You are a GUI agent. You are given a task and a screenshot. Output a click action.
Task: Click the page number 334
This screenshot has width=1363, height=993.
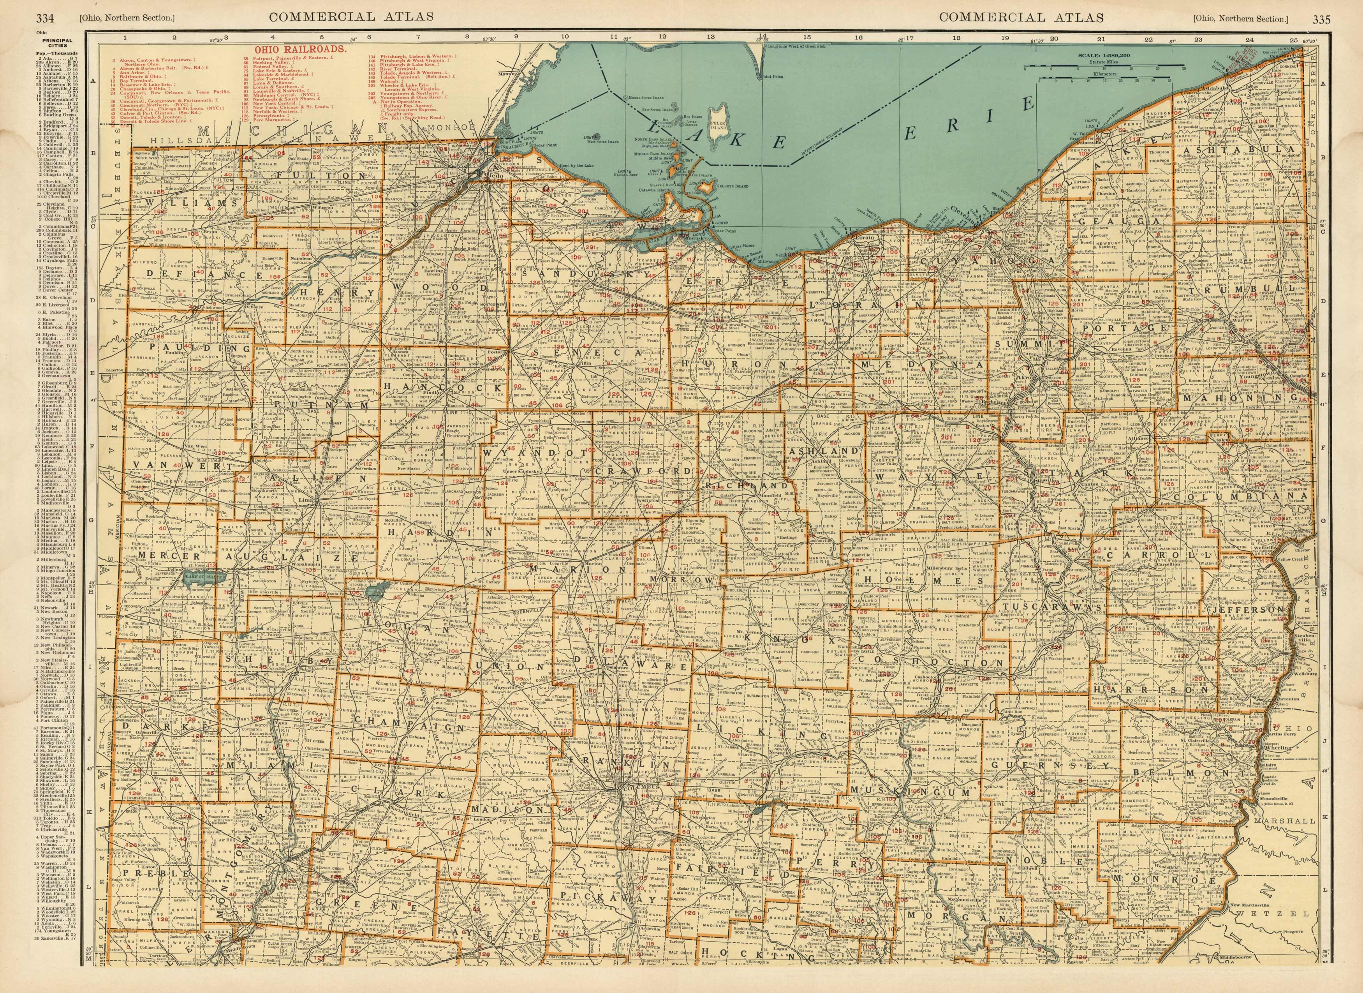click(45, 18)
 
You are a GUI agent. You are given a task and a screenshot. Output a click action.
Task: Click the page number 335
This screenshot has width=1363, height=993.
click(1321, 19)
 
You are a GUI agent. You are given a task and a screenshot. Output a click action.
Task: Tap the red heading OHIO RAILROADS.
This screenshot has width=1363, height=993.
click(300, 49)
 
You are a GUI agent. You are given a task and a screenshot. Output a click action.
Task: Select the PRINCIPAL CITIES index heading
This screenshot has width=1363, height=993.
click(57, 43)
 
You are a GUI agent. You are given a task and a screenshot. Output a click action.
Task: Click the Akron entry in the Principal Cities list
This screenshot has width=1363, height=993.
click(57, 61)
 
